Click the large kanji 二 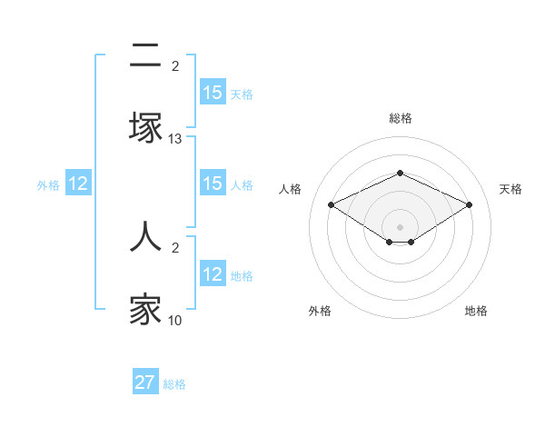(x=145, y=56)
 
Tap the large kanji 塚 (x=145, y=128)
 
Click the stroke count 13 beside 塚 (x=175, y=139)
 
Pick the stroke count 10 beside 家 (x=175, y=320)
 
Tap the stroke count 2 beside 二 (x=175, y=65)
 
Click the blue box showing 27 (x=145, y=382)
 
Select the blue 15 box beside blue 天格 (x=213, y=93)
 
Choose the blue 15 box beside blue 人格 (x=213, y=184)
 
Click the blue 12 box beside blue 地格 (x=213, y=274)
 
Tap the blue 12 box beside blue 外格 (x=78, y=184)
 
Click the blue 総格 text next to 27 (x=174, y=384)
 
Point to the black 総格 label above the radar (x=401, y=118)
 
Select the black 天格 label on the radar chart (x=511, y=189)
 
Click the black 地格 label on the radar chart (x=476, y=311)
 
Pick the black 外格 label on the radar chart (x=320, y=311)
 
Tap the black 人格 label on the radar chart (x=291, y=189)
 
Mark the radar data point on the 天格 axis (x=469, y=204)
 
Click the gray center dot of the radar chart (x=401, y=226)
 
